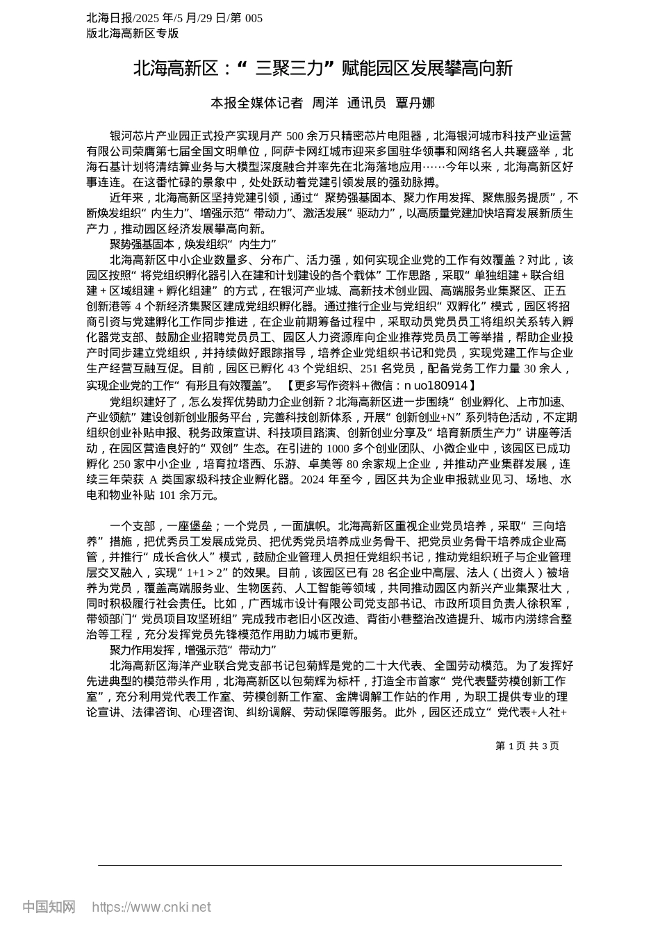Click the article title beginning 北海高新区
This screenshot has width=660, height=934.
[x=322, y=68]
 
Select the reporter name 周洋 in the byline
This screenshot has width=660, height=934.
[x=325, y=103]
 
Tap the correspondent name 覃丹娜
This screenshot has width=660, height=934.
[x=415, y=103]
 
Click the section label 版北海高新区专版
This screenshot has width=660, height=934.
[x=133, y=33]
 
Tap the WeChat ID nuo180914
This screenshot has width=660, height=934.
[x=440, y=385]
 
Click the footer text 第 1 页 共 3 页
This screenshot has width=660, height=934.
[x=527, y=746]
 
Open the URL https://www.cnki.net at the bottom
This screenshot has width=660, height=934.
[x=151, y=907]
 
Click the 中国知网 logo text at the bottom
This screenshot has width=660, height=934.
[x=49, y=907]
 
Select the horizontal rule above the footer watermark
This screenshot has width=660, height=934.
[x=330, y=865]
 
